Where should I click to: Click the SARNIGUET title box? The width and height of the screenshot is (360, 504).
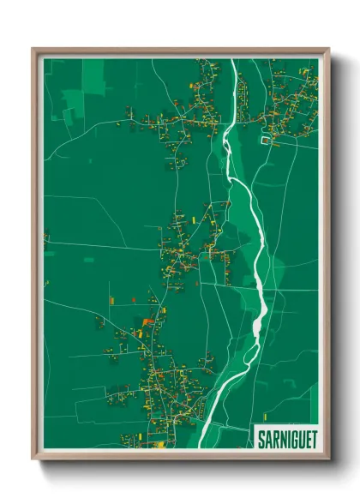286,438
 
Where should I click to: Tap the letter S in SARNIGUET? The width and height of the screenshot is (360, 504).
261,439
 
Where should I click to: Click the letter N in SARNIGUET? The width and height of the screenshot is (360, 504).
280,439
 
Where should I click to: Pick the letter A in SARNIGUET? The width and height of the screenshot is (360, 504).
267,439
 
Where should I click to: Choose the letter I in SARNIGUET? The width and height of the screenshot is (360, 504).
285,439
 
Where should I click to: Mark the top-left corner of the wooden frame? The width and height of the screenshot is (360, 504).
33,49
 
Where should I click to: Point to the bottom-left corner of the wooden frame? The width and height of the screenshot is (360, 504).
33,459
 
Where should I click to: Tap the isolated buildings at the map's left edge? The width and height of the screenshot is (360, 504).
46,236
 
